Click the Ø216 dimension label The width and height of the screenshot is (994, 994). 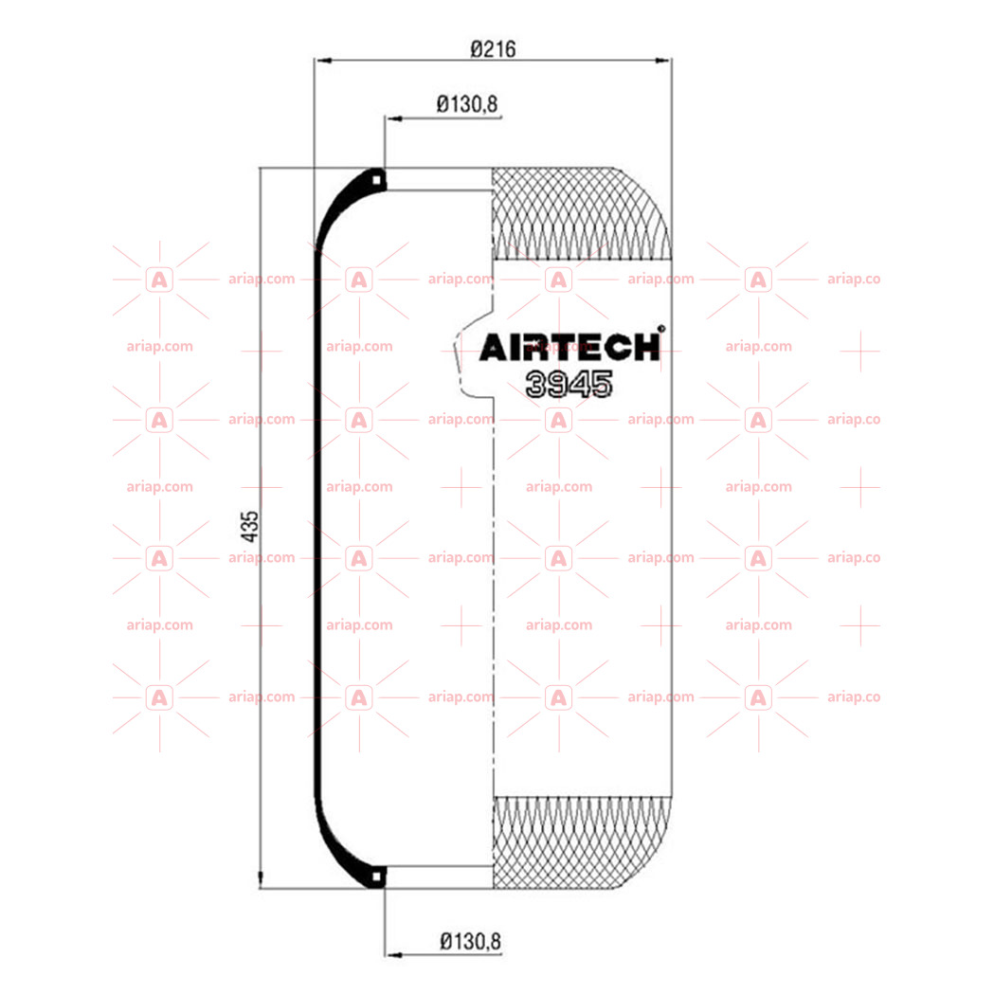pos(493,49)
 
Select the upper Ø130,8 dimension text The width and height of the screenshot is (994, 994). pos(467,104)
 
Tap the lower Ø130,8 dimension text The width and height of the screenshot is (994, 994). pos(470,941)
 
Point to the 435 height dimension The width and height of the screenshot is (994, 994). pos(250,527)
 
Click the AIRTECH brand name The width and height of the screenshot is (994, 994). pos(569,348)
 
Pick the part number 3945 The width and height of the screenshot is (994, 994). pos(569,384)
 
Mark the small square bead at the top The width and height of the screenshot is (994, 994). pos(376,181)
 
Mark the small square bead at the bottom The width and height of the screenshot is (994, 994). pos(376,877)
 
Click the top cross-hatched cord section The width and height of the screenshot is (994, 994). pos(581,213)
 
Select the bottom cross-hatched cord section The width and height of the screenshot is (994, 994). pos(581,842)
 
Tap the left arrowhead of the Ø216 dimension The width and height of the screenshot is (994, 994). pos(323,61)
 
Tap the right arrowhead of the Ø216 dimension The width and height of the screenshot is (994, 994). pos(662,61)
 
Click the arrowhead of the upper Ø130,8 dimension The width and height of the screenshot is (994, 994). pos(393,118)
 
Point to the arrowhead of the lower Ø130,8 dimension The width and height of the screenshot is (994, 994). pos(393,955)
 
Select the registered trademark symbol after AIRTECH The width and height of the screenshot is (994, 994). pos(661,329)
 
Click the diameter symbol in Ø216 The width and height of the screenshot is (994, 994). pos(478,49)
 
